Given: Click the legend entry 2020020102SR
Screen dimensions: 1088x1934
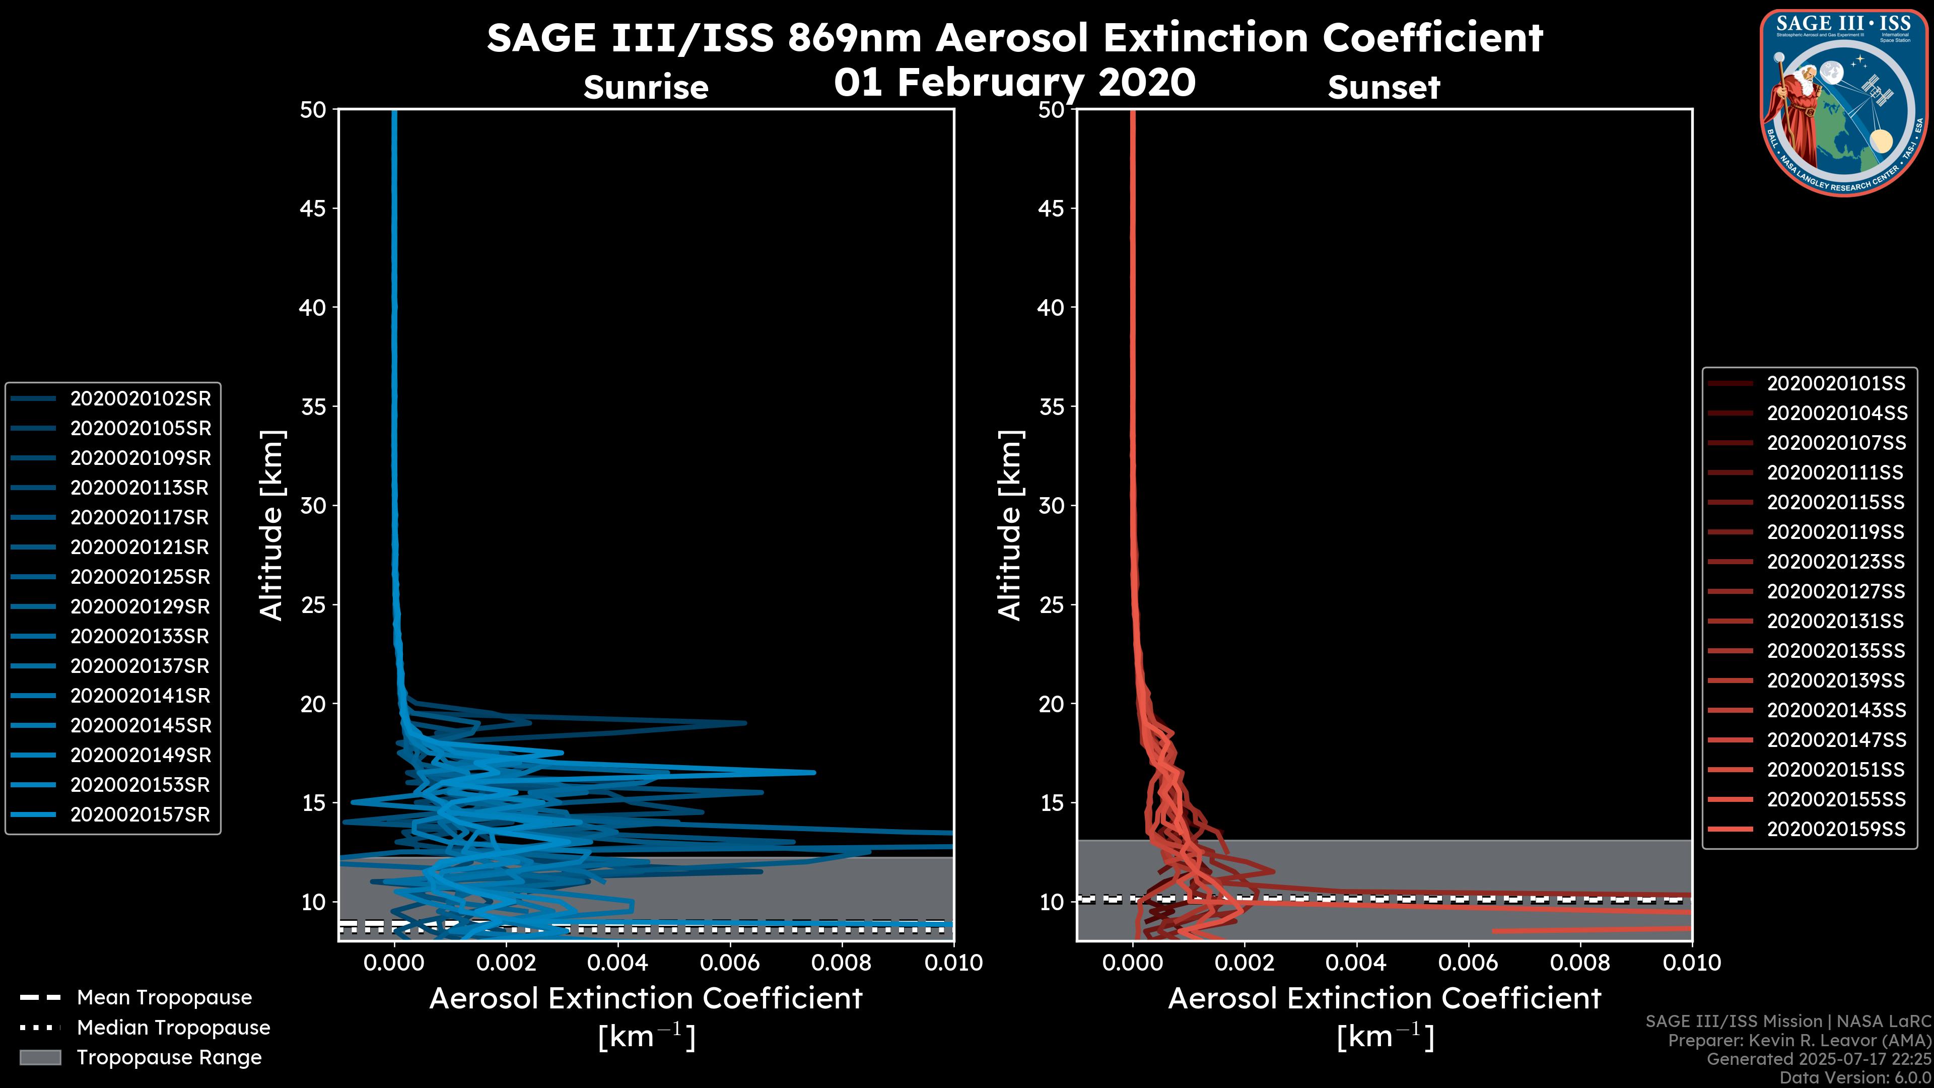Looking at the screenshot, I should click(x=141, y=399).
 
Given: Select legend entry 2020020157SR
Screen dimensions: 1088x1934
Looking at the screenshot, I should click(x=141, y=814).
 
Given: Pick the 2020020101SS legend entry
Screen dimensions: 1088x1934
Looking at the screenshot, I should click(x=1836, y=384).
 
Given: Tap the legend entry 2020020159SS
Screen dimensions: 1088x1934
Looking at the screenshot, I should click(x=1836, y=829).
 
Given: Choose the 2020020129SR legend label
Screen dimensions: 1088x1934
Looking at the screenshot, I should click(x=141, y=606).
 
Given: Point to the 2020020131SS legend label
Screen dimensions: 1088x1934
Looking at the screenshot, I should click(x=1836, y=621).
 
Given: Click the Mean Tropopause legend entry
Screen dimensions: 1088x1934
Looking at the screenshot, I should click(x=164, y=998).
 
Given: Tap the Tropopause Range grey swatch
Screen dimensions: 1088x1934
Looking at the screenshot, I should click(x=40, y=1057).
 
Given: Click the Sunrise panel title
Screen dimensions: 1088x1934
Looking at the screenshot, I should click(x=646, y=88).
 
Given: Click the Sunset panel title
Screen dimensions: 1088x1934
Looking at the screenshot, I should click(x=1384, y=88).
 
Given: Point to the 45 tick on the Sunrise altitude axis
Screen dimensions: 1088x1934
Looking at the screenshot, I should click(x=313, y=208).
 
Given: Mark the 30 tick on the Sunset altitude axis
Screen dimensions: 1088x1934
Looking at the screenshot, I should click(x=1051, y=505).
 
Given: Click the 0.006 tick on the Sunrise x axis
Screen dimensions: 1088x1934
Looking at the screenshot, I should click(x=730, y=963).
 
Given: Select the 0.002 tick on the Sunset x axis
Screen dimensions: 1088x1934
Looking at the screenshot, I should click(x=1244, y=963).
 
